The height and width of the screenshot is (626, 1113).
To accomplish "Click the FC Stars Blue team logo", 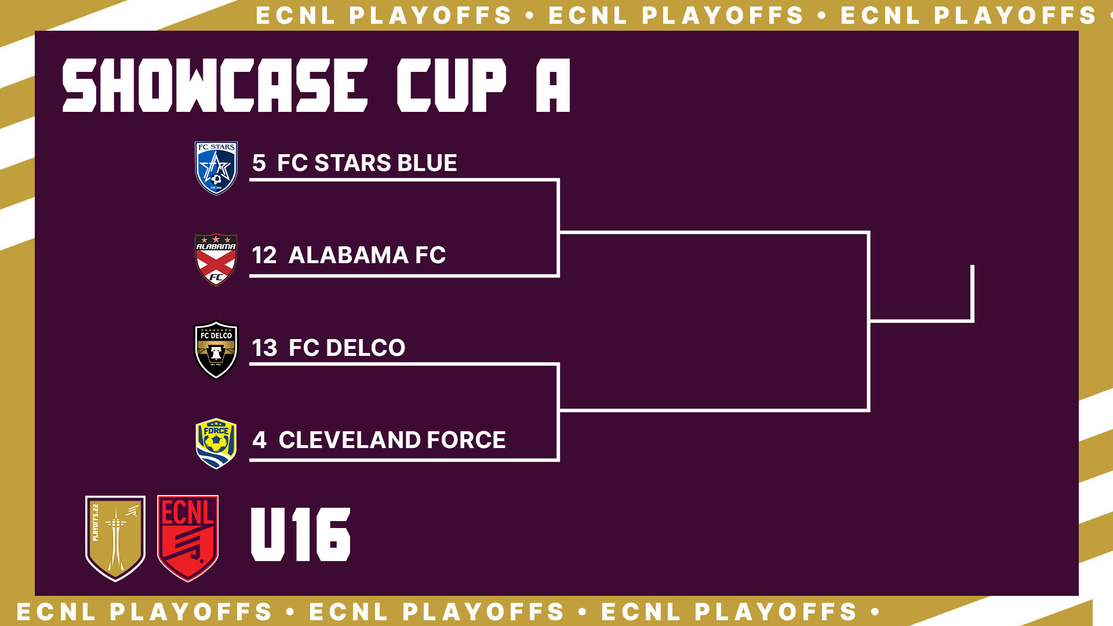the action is tap(216, 168).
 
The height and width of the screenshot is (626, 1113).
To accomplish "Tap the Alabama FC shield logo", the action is tap(216, 260).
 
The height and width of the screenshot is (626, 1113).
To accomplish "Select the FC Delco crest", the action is tap(216, 350).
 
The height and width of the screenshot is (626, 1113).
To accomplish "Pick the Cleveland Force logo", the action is tap(216, 443).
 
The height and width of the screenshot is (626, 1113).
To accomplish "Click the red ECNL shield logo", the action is tap(188, 538).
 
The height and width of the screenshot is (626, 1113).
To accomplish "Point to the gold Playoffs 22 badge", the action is tap(115, 538).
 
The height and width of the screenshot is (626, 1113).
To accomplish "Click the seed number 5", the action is tap(259, 163).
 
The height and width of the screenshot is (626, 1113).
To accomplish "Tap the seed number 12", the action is tap(264, 256).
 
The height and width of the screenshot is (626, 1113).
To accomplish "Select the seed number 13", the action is tap(264, 348).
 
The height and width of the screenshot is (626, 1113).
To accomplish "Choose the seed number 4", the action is tap(259, 441).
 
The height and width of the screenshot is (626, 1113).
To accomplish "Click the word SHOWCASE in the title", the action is tap(215, 85).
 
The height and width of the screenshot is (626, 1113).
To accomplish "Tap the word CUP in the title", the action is tap(452, 85).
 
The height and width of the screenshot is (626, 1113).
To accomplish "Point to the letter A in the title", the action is tap(553, 85).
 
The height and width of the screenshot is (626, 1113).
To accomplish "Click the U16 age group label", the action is tap(300, 534).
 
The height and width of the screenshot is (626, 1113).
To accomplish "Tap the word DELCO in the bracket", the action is tap(365, 348).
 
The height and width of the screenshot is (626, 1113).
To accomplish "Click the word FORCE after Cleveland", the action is tap(466, 441).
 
